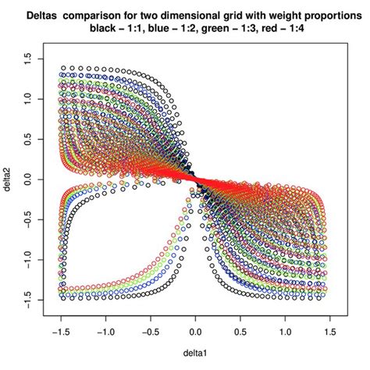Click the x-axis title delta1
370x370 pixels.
pos(195,349)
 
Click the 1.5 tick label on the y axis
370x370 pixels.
pos(29,59)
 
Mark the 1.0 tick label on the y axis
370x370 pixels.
pos(29,99)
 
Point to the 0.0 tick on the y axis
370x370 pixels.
pos(29,180)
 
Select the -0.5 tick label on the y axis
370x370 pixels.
pos(29,220)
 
